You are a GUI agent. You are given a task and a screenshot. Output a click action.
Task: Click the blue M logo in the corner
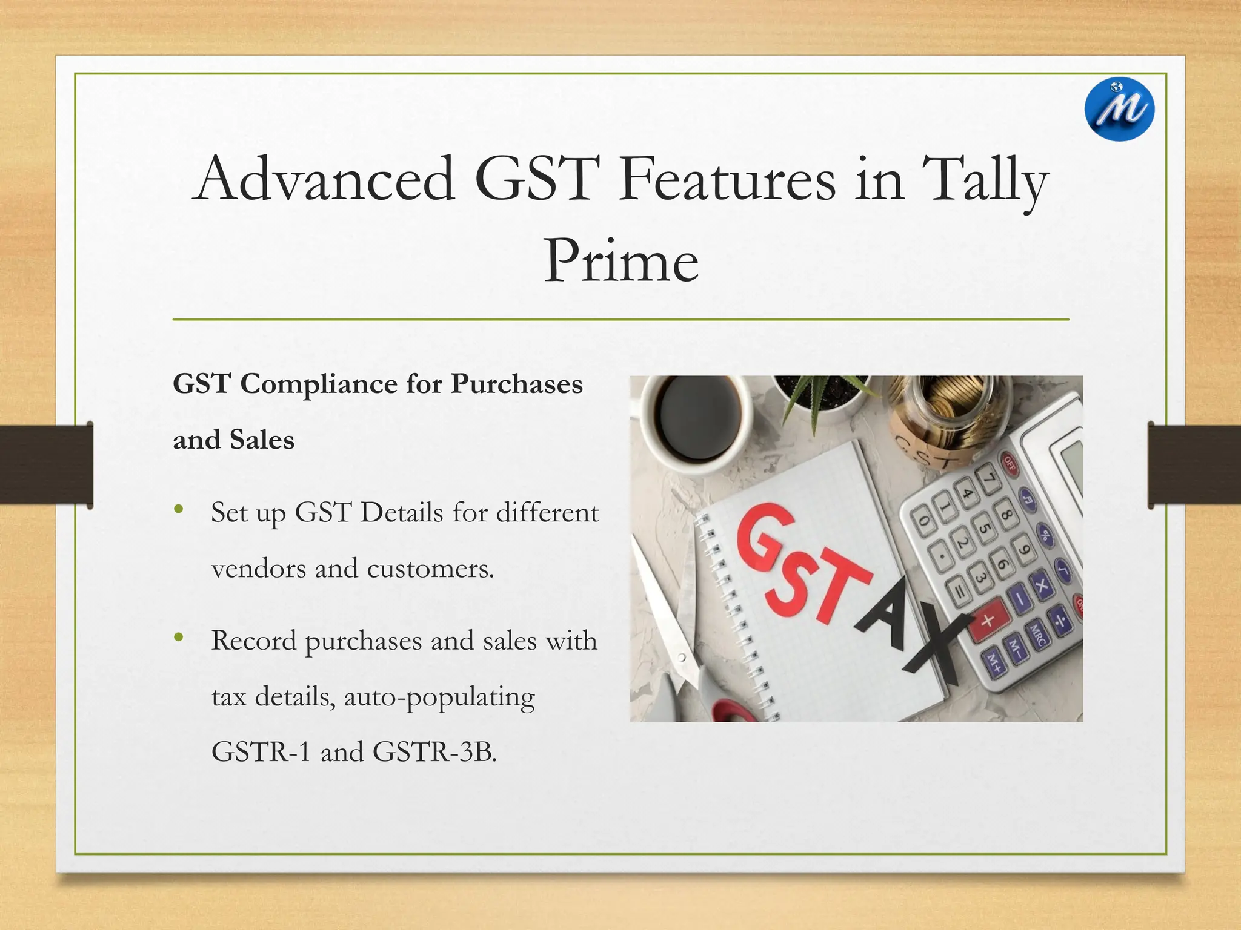[x=1119, y=110]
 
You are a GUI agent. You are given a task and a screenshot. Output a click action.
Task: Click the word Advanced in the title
[x=325, y=179]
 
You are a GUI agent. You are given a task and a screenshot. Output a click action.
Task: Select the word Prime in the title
[x=620, y=262]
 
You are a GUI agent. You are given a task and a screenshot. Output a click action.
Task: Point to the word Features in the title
[x=727, y=179]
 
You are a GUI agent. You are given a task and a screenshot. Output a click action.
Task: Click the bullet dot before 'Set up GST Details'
[x=178, y=509]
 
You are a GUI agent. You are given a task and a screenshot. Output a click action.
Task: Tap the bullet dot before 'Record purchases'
[x=178, y=637]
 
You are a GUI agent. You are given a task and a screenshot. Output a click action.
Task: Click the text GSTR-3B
[x=434, y=753]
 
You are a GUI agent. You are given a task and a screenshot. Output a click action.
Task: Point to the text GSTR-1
[x=261, y=753]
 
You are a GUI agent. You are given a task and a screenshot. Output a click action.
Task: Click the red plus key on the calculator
[x=987, y=621]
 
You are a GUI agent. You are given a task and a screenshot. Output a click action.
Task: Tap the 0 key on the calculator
[x=923, y=520]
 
